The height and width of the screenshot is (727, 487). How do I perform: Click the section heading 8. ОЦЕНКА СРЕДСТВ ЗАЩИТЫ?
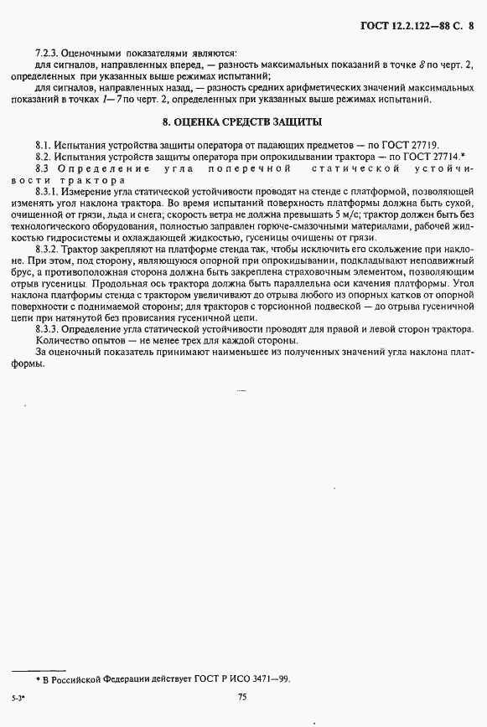[244, 122]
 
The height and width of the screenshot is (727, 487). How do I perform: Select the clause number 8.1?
[45, 144]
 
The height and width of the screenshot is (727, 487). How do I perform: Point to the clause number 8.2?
[45, 156]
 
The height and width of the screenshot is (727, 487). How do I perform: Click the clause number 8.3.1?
[50, 192]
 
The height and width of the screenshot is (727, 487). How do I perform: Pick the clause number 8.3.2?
[50, 250]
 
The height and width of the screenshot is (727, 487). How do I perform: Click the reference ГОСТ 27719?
[412, 144]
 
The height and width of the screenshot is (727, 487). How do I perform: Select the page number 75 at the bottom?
[243, 697]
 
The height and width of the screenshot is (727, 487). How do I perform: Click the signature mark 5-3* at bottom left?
[17, 697]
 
